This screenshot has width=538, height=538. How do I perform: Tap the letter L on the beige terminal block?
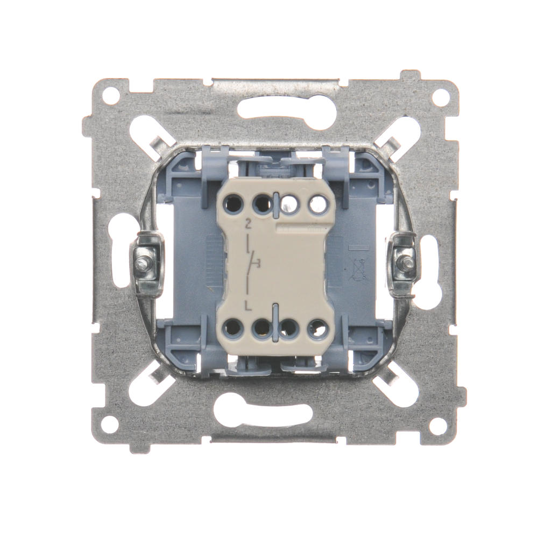(247, 305)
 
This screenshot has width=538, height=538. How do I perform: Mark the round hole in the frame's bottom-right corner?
(436, 421)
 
